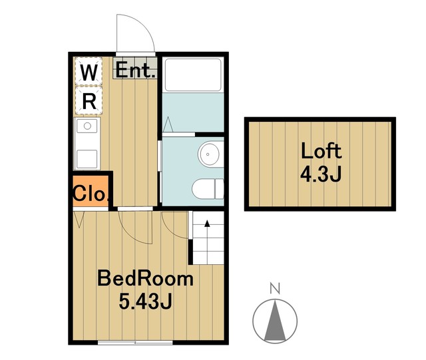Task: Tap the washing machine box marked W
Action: tap(89, 71)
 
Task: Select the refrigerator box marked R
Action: tap(89, 100)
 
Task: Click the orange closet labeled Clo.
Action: tap(91, 191)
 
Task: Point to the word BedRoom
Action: tap(145, 278)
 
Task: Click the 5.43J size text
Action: tap(145, 301)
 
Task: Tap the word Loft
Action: tap(321, 150)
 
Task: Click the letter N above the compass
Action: tap(275, 288)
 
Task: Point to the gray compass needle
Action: tap(275, 321)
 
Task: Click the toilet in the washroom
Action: tap(208, 189)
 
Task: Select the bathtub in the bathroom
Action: tap(193, 75)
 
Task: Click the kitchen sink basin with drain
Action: tap(87, 126)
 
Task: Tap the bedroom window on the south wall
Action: tap(135, 342)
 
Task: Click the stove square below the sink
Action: tap(87, 159)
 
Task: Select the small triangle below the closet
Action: tap(79, 220)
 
